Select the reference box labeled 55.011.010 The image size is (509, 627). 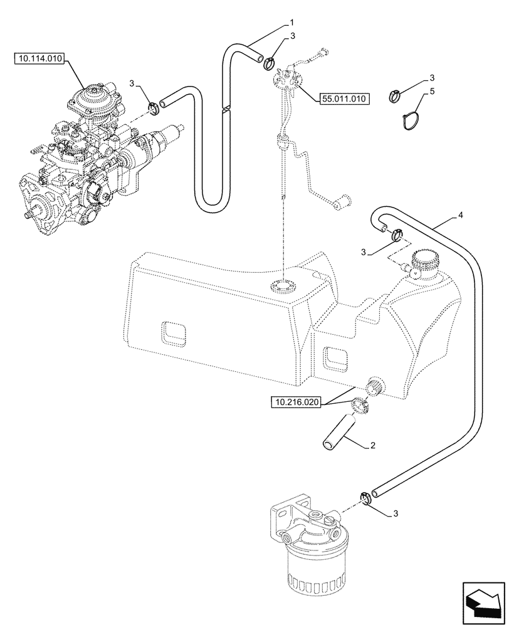tap(344, 98)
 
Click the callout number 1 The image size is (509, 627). tap(291, 23)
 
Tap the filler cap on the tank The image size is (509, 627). tap(425, 261)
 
